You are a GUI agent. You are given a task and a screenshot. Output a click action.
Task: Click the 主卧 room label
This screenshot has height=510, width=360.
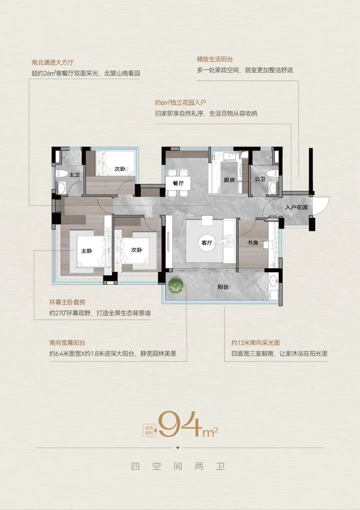(87, 251)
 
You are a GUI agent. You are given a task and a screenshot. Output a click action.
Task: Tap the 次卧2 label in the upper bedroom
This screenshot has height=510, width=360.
(121, 169)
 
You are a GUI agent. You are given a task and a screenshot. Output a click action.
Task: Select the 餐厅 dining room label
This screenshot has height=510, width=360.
(178, 183)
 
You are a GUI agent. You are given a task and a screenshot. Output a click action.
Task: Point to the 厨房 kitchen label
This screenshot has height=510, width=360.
(229, 180)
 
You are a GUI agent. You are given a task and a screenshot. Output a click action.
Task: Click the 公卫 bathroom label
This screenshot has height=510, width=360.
(260, 179)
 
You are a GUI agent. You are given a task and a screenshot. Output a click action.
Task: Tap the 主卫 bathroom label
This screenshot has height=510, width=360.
(74, 175)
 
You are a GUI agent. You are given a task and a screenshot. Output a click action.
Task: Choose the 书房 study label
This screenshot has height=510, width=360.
(253, 243)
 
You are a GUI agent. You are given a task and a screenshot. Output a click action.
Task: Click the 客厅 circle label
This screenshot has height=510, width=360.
(207, 243)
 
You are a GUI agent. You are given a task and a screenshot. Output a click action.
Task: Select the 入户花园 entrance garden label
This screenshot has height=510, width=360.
(296, 207)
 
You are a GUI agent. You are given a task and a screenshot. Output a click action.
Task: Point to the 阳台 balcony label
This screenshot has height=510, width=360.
(223, 287)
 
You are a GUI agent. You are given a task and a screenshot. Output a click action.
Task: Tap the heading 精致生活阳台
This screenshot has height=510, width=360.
(215, 60)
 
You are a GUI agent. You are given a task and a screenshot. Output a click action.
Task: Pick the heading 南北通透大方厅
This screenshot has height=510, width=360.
(53, 63)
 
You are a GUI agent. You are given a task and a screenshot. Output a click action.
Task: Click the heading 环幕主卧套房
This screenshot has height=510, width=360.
(67, 302)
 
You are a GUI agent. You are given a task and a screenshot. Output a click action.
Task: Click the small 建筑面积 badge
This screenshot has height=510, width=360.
(149, 430)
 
